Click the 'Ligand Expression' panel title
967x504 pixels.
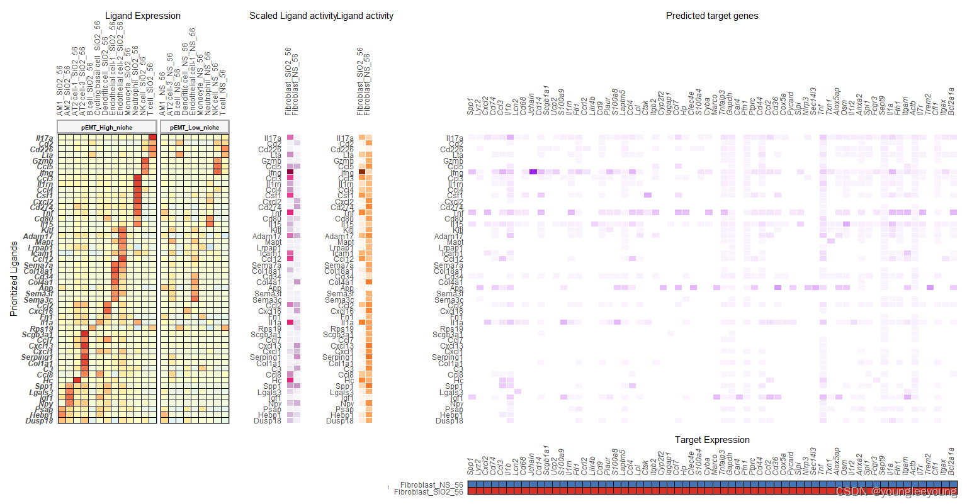tap(142, 16)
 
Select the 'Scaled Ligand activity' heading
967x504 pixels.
tap(293, 16)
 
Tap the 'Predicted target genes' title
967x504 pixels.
tap(712, 16)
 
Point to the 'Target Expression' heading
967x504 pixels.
tap(712, 440)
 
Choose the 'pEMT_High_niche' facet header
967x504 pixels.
tap(107, 127)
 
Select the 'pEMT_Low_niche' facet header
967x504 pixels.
tap(195, 127)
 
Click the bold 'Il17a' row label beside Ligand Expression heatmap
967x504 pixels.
tap(44, 138)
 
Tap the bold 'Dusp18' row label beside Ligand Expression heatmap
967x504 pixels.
tap(40, 421)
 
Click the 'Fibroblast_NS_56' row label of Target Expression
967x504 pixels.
tap(431, 485)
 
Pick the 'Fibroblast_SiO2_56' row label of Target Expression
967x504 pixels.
tap(428, 492)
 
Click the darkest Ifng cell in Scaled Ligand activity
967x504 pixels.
tap(290, 172)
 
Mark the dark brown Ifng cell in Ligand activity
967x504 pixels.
tap(362, 172)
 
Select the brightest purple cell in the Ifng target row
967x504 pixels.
tap(533, 172)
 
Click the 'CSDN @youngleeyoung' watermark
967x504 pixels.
tap(896, 491)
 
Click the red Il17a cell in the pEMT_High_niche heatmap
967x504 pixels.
tap(152, 138)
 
